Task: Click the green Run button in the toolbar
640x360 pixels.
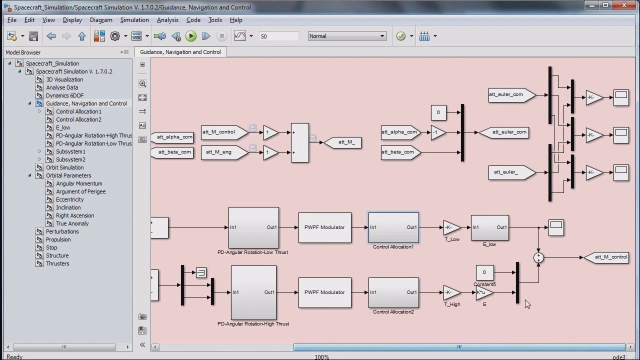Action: click(x=191, y=36)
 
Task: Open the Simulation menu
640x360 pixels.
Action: click(x=134, y=20)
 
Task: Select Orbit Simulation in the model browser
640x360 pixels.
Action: click(x=64, y=167)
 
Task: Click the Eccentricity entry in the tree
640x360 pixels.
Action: click(x=69, y=199)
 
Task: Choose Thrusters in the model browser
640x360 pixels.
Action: click(x=57, y=263)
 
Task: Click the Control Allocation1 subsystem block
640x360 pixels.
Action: click(x=393, y=227)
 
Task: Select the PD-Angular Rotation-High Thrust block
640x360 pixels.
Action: click(x=253, y=292)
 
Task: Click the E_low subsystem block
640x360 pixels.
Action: click(x=489, y=227)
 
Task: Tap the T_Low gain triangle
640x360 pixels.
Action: click(x=451, y=227)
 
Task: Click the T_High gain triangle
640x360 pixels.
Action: click(x=451, y=292)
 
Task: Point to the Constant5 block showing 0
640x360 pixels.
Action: click(x=484, y=272)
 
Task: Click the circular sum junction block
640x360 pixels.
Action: click(x=538, y=257)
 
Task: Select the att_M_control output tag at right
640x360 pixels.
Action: click(x=606, y=257)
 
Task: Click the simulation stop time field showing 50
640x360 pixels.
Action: click(x=278, y=36)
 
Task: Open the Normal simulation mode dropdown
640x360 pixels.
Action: click(x=346, y=36)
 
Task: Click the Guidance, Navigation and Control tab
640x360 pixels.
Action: click(x=180, y=52)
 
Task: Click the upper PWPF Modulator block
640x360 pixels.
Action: click(x=324, y=227)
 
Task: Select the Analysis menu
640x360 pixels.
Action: click(x=167, y=20)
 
